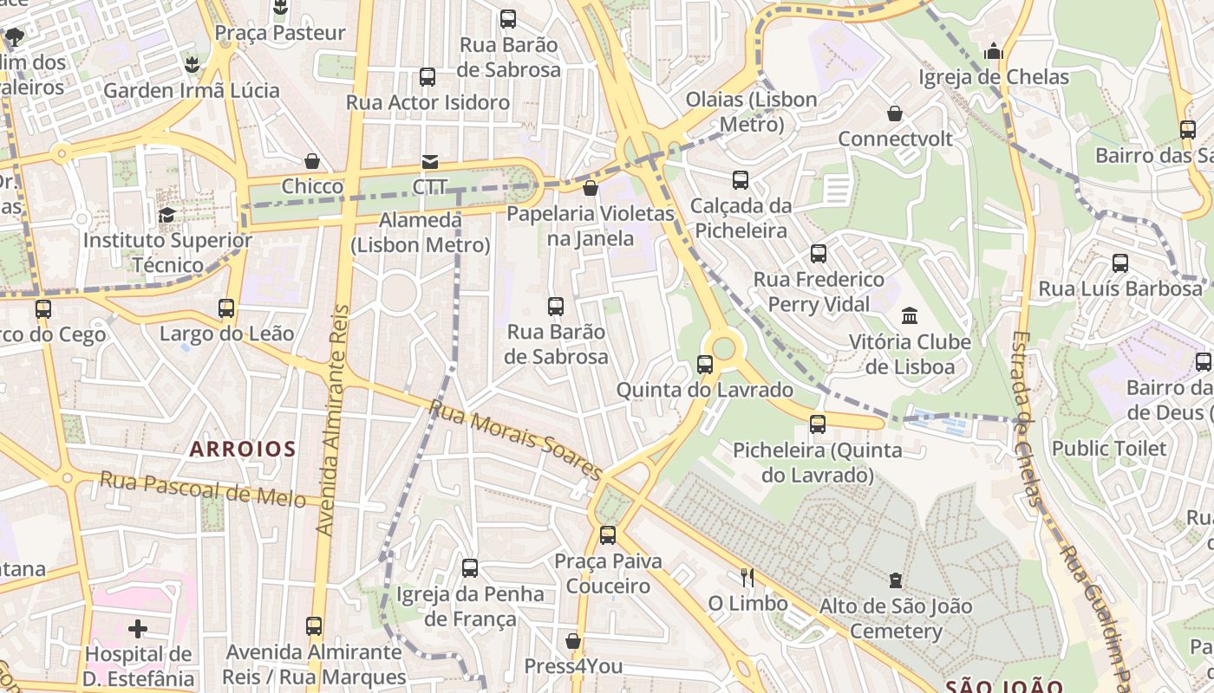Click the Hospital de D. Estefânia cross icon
click(x=138, y=628)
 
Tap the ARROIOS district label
click(x=243, y=449)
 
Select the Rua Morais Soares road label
click(x=515, y=440)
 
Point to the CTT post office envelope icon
click(x=429, y=161)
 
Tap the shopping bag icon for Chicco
click(x=312, y=161)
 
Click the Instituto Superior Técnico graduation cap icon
click(x=166, y=215)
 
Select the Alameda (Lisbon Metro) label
click(x=421, y=232)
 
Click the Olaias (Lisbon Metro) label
click(x=751, y=112)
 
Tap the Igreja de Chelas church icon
click(x=994, y=52)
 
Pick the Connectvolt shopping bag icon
click(x=895, y=113)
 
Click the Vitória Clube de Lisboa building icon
click(x=910, y=315)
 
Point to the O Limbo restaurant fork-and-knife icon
click(x=747, y=577)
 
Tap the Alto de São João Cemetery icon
click(x=896, y=580)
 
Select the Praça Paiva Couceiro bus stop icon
click(x=608, y=535)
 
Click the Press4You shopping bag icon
click(x=573, y=641)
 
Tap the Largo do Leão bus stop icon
click(x=226, y=308)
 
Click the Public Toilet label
click(x=1109, y=448)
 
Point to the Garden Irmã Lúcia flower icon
click(x=192, y=64)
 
